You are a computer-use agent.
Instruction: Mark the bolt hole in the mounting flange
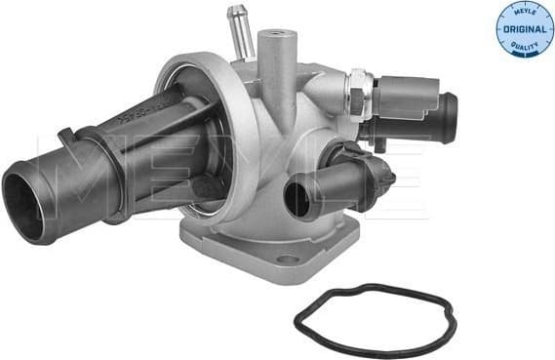[286, 259]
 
